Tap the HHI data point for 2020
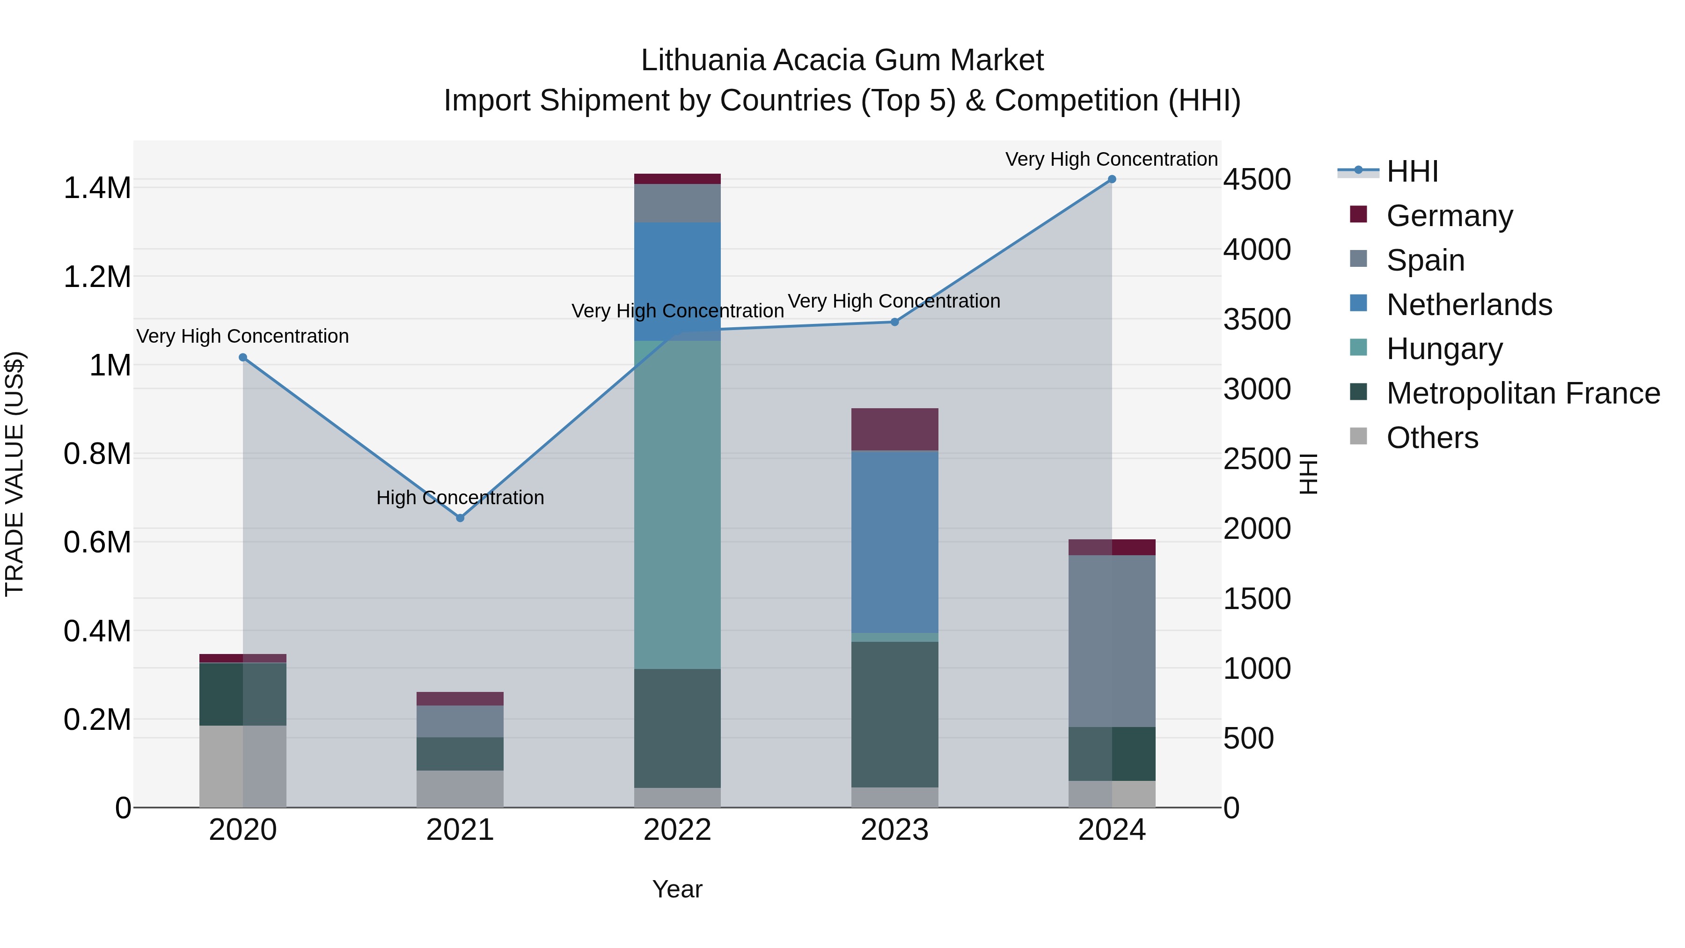click(242, 357)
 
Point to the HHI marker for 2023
click(895, 322)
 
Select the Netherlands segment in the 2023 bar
click(895, 542)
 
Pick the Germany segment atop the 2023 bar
click(895, 429)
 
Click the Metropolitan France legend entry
click(1523, 393)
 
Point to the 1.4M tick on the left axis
click(97, 188)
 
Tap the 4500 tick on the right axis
click(1257, 179)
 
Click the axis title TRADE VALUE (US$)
click(15, 474)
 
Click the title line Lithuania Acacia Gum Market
click(842, 60)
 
